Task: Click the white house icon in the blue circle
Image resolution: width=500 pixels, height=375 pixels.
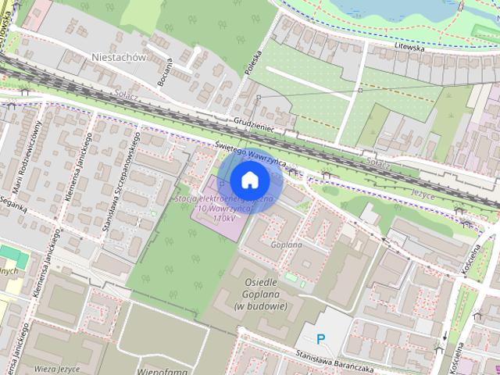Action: (x=250, y=180)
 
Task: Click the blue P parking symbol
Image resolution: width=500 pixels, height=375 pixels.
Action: (x=320, y=338)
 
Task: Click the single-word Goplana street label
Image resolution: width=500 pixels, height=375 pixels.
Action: (x=286, y=245)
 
